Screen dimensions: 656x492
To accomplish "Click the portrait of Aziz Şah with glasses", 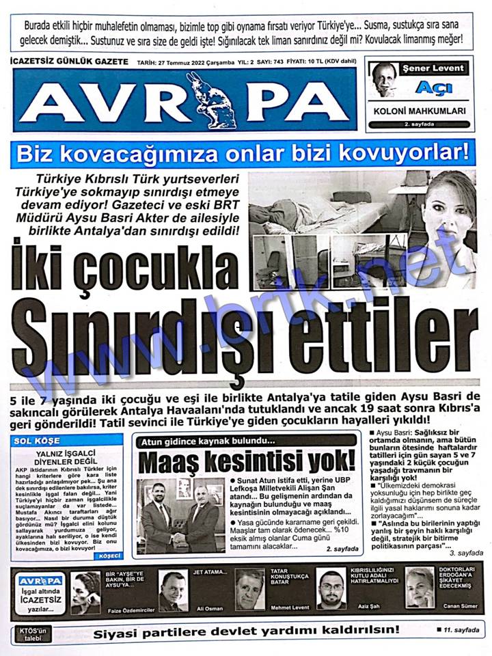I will (331, 588).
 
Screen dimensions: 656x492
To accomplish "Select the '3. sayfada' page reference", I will (466, 553).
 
